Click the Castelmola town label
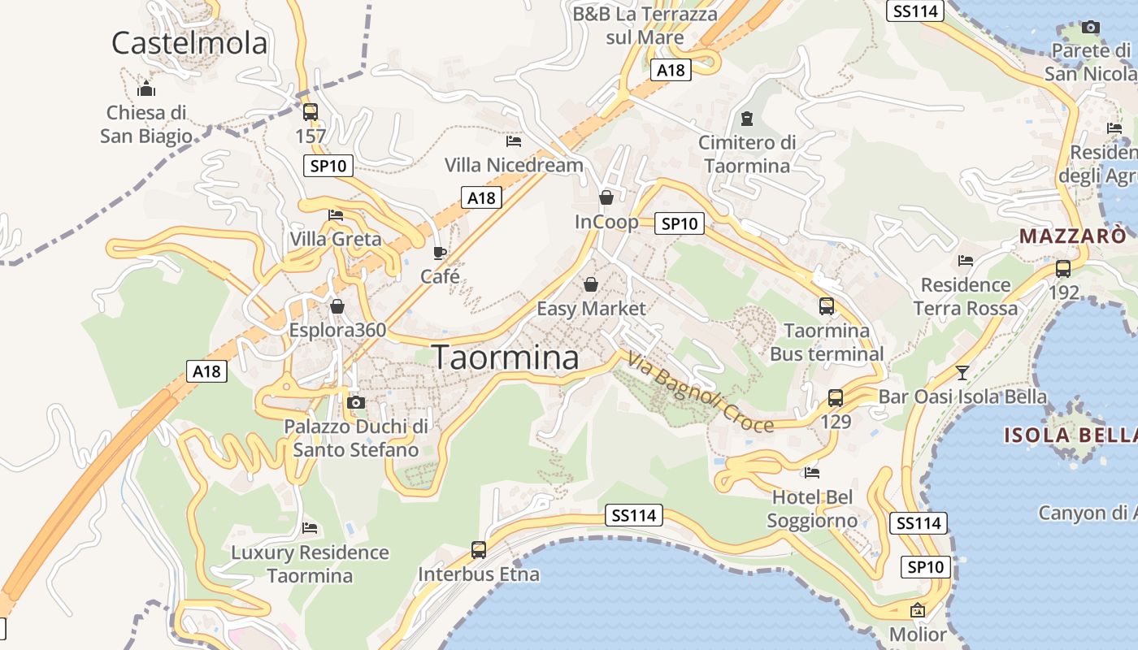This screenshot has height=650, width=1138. coord(189,43)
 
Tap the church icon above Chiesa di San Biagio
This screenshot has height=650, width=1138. coord(146,89)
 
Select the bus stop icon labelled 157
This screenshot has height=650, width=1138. coord(310,112)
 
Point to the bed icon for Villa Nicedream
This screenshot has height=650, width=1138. coord(513,141)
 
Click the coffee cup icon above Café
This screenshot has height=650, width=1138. coord(440,253)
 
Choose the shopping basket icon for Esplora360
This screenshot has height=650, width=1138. coord(337,306)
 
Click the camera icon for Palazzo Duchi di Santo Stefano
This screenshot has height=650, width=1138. coord(355,402)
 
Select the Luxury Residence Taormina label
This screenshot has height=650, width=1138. coord(310,564)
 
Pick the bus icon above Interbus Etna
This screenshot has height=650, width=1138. coord(479,550)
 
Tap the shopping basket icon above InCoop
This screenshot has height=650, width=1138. coord(606,197)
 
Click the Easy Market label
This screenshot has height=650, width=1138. coord(591,309)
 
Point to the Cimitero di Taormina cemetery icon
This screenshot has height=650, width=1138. coord(747,119)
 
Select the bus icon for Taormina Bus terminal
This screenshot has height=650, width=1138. coord(826,306)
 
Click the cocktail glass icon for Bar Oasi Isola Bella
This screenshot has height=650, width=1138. coord(962,373)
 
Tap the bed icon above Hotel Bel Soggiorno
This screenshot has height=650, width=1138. coord(811,472)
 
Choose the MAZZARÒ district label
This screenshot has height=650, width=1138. coord(1072,236)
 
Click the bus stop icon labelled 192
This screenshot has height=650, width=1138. coord(1062,269)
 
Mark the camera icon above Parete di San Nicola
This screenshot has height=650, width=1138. coord(1091,27)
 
